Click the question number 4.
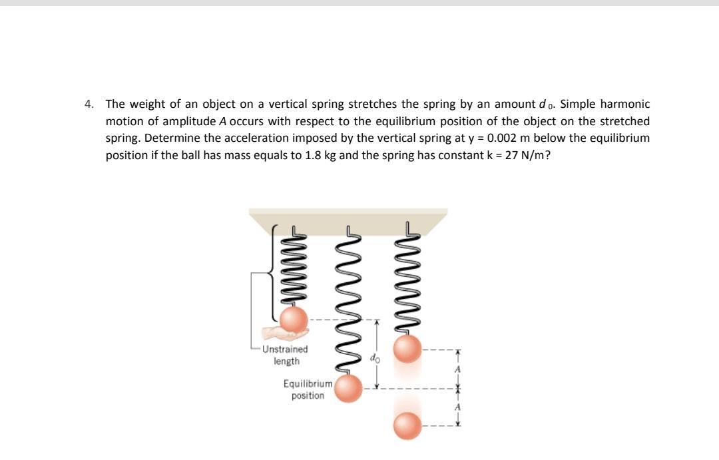tap(89, 105)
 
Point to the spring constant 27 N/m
tap(522, 156)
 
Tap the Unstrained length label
tap(286, 355)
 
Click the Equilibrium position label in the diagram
tap(307, 389)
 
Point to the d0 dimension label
tap(373, 358)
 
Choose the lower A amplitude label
tap(458, 408)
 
